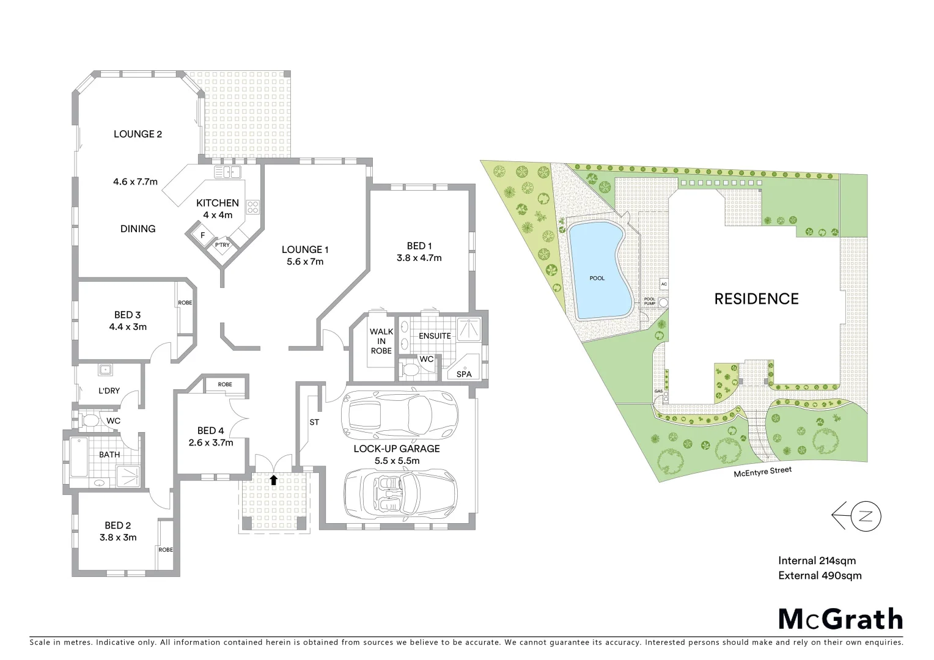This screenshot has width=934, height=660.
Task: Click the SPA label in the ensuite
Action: (464, 374)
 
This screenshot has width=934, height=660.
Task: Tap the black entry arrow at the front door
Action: (273, 480)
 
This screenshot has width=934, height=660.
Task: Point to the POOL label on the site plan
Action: (597, 278)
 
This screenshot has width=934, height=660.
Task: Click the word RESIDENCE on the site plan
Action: (757, 299)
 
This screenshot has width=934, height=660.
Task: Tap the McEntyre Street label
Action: (763, 471)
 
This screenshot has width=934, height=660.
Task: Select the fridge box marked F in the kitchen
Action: (202, 235)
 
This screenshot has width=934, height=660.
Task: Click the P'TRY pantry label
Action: (222, 245)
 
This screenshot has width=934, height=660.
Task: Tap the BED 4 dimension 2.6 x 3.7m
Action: (211, 442)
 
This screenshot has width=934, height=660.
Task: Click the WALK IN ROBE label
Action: (381, 341)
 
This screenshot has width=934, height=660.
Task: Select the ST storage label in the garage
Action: (314, 422)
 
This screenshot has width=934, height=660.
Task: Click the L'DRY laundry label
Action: (109, 391)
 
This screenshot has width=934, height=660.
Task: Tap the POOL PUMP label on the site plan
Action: (650, 301)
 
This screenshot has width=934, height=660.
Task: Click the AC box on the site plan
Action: (664, 285)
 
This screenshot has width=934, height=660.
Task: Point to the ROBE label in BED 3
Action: (185, 303)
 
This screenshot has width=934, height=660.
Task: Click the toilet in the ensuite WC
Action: (410, 369)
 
